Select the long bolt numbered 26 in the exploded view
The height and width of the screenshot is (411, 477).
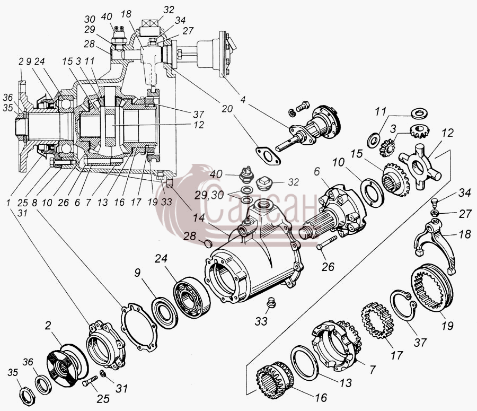click(x=327, y=243)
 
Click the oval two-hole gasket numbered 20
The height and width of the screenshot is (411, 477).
click(x=268, y=155)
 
